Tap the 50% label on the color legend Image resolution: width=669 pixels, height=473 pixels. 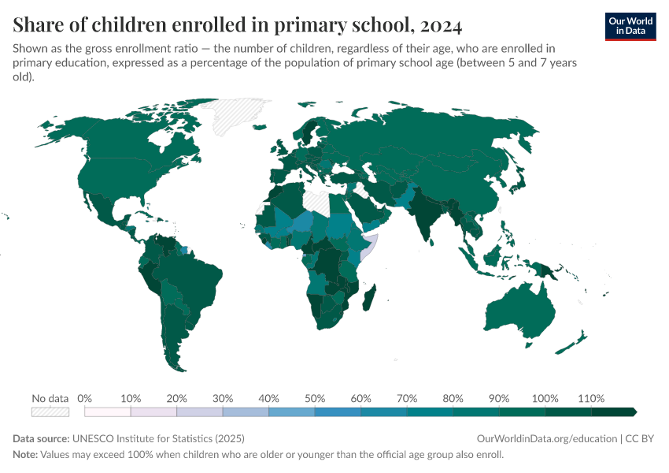click(315, 398)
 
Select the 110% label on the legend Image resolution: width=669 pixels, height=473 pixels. click(590, 398)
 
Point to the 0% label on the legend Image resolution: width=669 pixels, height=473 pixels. click(85, 398)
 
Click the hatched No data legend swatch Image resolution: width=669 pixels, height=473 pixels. click(50, 412)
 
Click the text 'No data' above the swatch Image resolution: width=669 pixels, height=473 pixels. click(50, 398)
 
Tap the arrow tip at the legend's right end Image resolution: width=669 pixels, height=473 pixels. click(634, 412)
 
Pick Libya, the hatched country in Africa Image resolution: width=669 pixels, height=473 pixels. click(318, 201)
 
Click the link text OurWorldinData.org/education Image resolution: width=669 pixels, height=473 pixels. click(546, 438)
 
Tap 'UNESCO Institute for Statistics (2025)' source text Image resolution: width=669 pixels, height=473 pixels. click(158, 438)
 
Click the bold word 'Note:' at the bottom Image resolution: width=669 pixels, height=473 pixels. click(27, 455)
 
